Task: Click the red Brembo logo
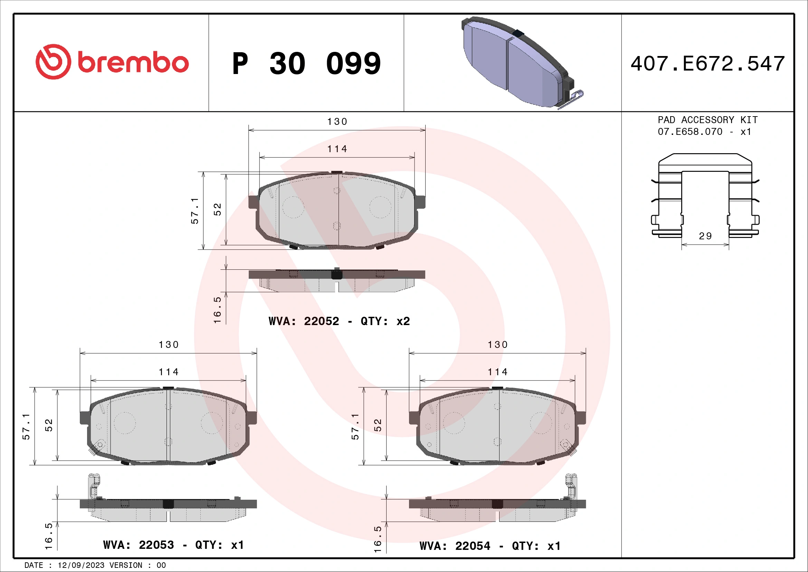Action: [x=112, y=62]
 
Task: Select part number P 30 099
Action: [x=306, y=64]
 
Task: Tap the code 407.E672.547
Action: [x=707, y=64]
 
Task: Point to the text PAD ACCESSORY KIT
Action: [x=707, y=120]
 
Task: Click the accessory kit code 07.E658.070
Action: [x=690, y=132]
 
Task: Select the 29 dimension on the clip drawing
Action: [x=705, y=236]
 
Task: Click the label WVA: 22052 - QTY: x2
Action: [x=339, y=321]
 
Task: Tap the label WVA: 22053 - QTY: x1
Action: [x=173, y=545]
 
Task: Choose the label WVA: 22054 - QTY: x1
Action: [x=490, y=546]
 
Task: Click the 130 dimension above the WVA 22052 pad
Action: [x=337, y=122]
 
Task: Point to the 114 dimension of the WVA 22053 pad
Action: [x=169, y=372]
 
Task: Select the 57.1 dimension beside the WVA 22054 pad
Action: [x=355, y=426]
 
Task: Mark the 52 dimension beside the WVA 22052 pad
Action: [x=218, y=209]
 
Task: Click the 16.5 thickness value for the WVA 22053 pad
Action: [x=49, y=536]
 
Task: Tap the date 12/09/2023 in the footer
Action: [x=81, y=565]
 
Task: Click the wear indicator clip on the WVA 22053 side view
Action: [x=93, y=488]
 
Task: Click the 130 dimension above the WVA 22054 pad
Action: [x=497, y=345]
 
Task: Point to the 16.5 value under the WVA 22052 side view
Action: [x=218, y=310]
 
